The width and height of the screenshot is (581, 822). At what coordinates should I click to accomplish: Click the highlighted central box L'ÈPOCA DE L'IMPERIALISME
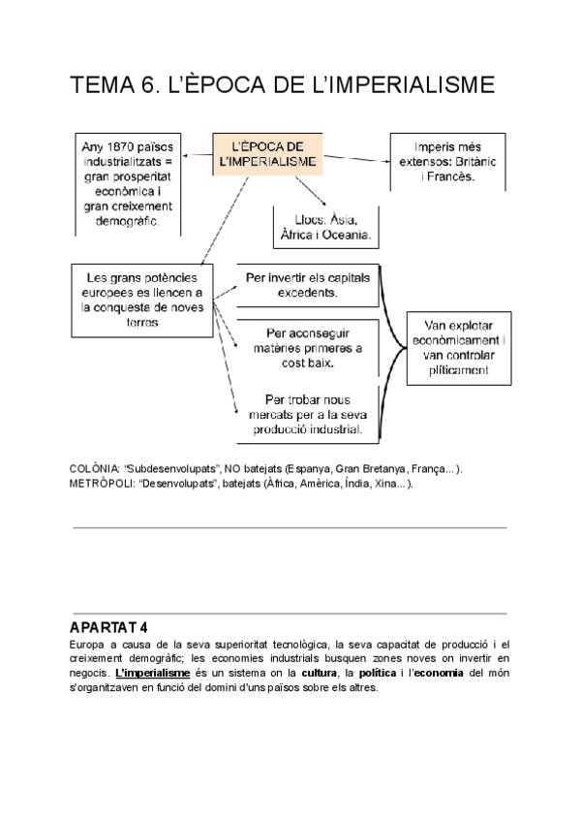268,155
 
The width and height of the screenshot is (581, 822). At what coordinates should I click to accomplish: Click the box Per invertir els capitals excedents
306,283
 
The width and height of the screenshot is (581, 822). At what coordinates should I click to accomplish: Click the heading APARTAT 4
109,627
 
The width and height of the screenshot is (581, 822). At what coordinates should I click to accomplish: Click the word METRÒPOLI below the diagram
101,484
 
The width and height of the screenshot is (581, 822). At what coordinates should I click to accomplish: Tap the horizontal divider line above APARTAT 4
290,527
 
